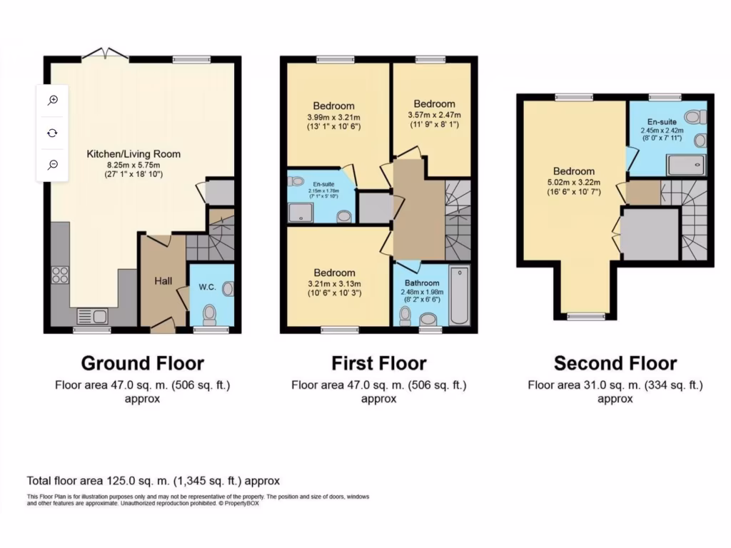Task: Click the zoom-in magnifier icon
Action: click(x=53, y=101)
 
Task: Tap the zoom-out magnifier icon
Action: click(x=53, y=165)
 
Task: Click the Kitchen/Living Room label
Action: click(x=133, y=153)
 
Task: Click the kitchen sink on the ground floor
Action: click(x=91, y=315)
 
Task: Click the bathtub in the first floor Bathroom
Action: click(x=460, y=295)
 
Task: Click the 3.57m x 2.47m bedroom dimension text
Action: click(x=434, y=115)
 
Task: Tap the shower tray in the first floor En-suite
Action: click(x=299, y=210)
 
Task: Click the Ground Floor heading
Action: click(x=142, y=363)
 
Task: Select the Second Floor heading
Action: click(x=615, y=363)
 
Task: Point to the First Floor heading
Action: click(x=378, y=363)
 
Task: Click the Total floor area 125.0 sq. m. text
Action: click(x=153, y=480)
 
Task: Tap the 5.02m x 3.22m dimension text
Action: click(x=573, y=182)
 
